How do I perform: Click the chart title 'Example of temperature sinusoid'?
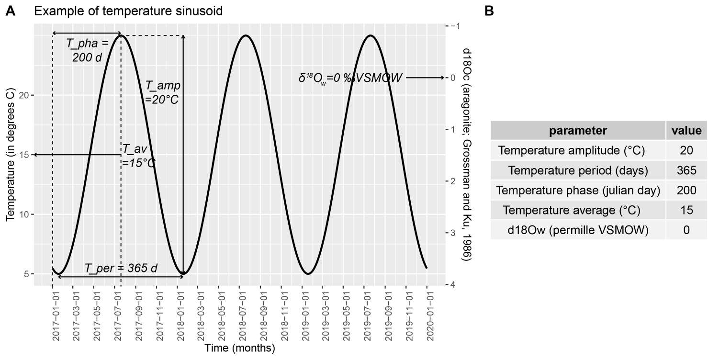[128, 11]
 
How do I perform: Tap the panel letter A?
[10, 11]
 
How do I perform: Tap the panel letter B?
[489, 11]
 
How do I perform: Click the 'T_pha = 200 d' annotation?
[88, 50]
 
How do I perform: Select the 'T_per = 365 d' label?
[121, 268]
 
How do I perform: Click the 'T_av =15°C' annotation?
[138, 156]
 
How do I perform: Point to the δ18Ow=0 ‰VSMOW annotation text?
[350, 78]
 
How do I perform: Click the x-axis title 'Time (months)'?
[240, 348]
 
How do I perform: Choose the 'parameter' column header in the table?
[578, 130]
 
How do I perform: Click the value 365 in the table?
[686, 170]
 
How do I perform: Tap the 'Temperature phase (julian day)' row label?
[578, 191]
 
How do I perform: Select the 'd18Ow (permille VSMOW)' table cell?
[578, 230]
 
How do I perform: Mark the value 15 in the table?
[686, 210]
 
